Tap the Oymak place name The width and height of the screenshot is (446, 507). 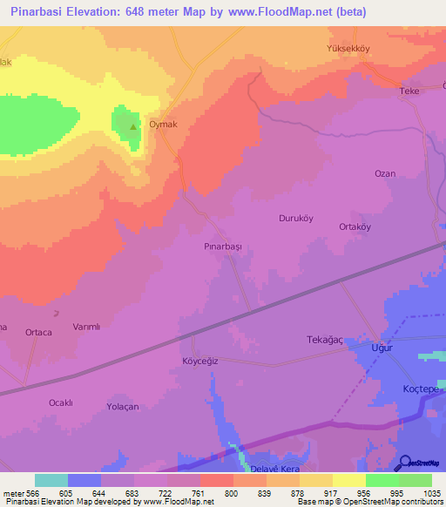coord(164,125)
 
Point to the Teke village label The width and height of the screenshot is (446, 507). coord(409,91)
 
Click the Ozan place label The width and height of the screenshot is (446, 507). coord(385,173)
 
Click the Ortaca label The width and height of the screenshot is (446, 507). coord(38,332)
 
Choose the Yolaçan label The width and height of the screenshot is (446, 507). coord(123,407)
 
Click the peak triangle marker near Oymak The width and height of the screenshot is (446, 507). coord(132,127)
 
